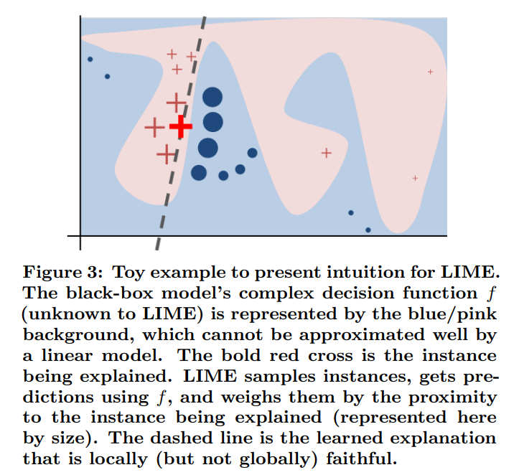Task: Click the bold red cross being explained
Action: (181, 127)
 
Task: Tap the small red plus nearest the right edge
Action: (430, 72)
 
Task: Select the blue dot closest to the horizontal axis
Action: (368, 230)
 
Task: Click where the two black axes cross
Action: (80, 235)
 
